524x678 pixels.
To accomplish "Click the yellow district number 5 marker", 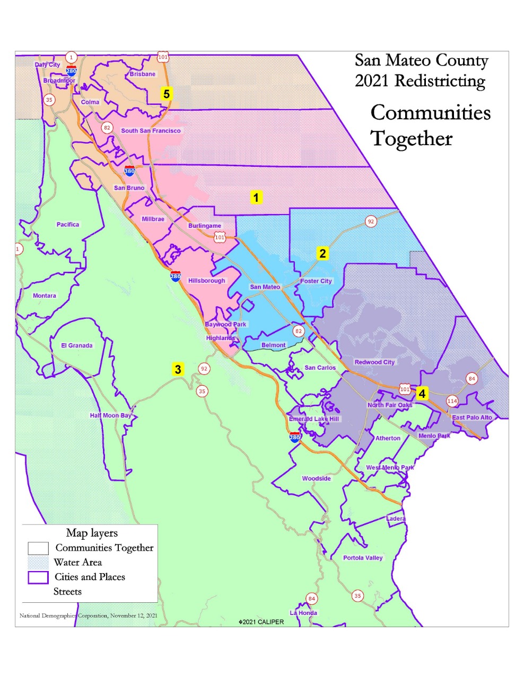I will [x=167, y=94].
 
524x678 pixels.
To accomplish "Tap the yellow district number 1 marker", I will [x=256, y=198].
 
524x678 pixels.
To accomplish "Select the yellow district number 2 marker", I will [x=322, y=254].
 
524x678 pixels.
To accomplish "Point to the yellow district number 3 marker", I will [x=178, y=369].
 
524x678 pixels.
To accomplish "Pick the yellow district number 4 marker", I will [x=422, y=394].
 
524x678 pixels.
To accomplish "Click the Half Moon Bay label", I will [x=110, y=416].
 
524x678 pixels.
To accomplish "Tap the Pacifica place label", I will [x=68, y=225].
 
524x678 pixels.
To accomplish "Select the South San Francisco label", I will [x=151, y=131].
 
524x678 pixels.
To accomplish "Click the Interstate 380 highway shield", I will [x=129, y=171].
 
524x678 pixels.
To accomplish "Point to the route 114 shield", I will [x=452, y=401].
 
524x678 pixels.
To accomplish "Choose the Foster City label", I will [x=316, y=281].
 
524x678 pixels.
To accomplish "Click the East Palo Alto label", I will [x=472, y=417].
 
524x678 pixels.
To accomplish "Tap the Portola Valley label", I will [x=363, y=558].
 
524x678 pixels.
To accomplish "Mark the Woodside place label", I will [x=317, y=479].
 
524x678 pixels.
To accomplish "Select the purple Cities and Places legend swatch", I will [x=38, y=577].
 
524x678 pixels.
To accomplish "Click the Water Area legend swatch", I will [x=38, y=563].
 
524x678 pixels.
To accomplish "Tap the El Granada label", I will [x=77, y=346].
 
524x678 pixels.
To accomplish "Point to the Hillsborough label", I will [x=207, y=281].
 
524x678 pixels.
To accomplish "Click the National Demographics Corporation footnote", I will [x=88, y=615].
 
